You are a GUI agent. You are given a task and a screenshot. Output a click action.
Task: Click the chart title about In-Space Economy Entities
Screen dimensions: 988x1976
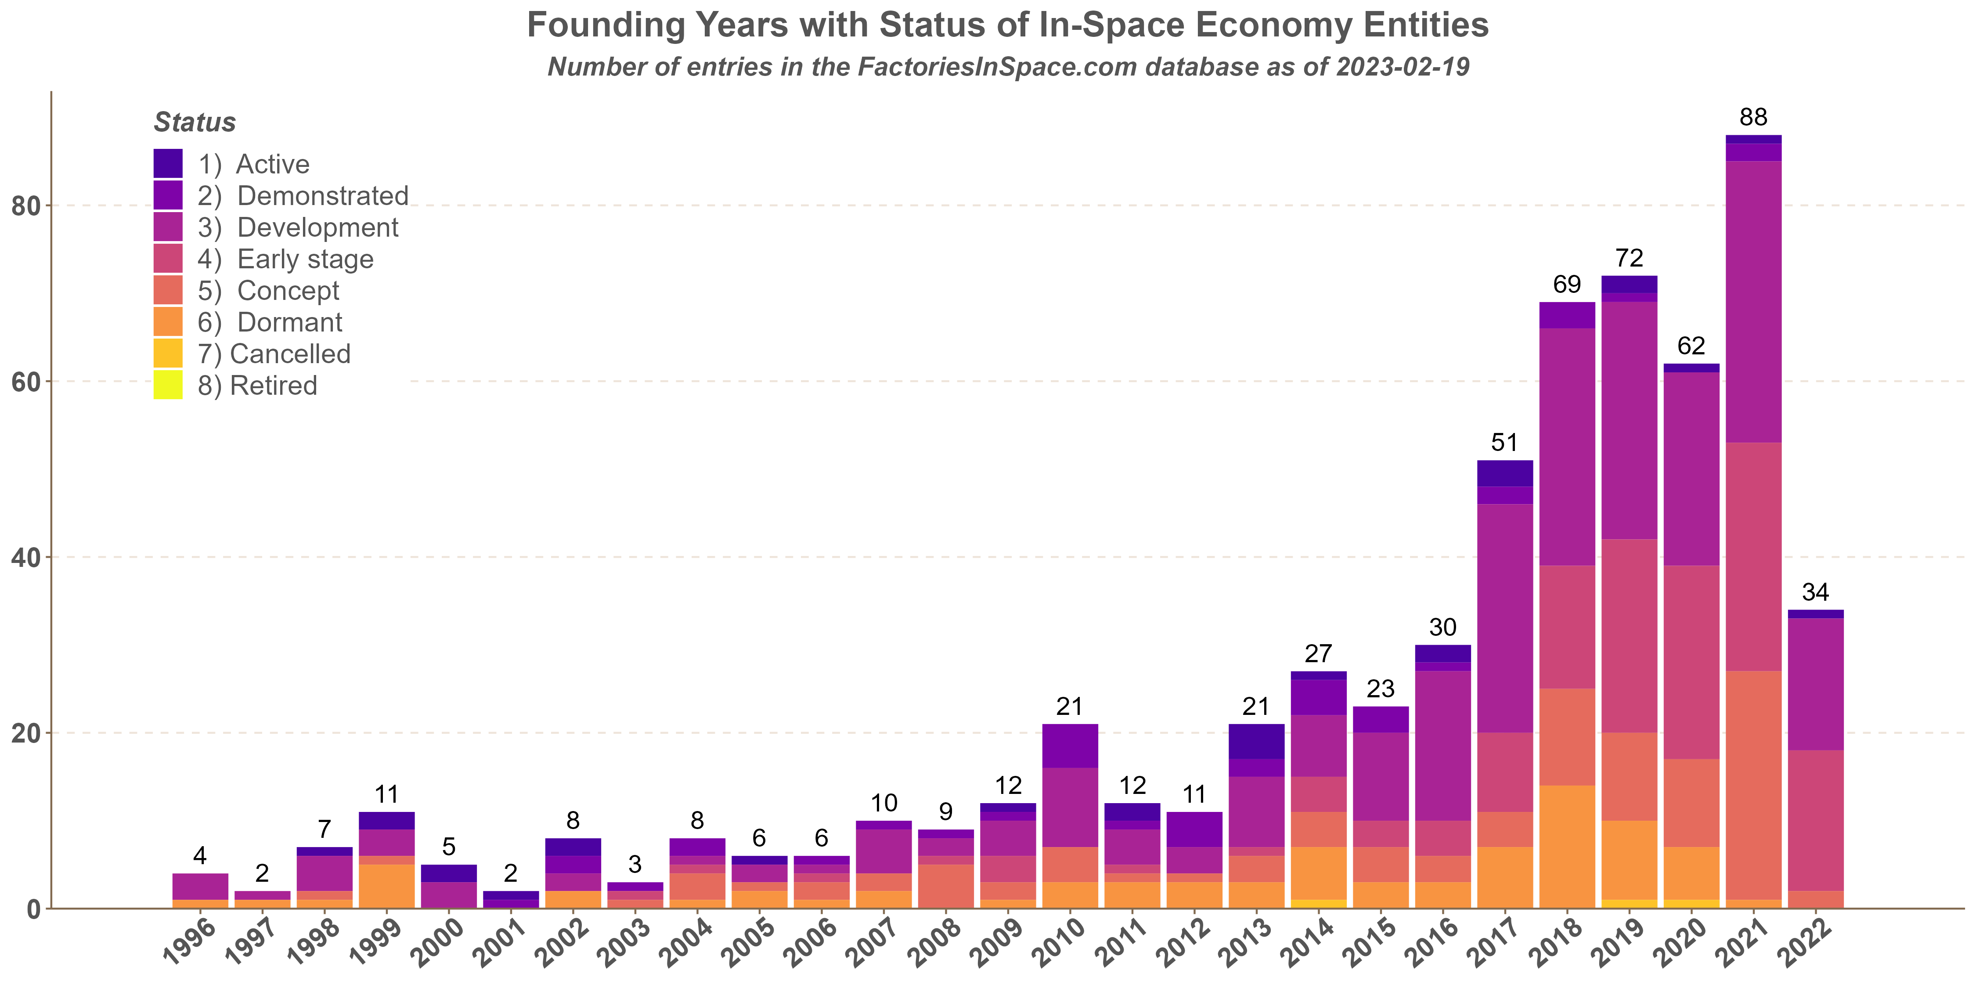click(1007, 25)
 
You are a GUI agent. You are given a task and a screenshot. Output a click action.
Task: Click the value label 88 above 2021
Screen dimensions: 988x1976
click(1753, 117)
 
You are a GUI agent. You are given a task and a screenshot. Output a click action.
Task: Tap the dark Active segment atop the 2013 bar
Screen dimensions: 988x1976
click(1256, 741)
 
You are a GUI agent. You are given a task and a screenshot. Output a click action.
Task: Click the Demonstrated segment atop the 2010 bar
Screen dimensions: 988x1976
click(1070, 746)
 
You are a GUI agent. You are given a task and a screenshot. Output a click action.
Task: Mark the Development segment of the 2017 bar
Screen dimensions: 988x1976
click(1505, 617)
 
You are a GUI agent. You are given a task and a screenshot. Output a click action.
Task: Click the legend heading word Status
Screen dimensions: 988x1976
click(195, 123)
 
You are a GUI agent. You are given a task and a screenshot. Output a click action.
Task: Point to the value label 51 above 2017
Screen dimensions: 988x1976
click(1505, 443)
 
